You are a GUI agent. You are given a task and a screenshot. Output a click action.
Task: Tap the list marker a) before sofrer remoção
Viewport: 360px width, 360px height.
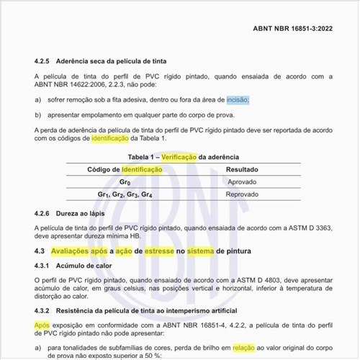[x=37, y=101]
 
